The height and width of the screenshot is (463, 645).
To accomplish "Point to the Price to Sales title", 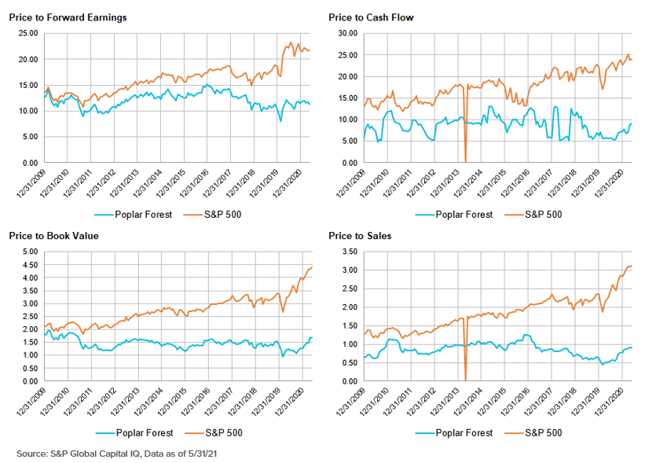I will tap(360, 235).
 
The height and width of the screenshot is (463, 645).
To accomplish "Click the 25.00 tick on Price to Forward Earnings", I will tap(27, 33).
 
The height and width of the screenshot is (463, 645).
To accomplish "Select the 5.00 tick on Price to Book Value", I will tap(29, 252).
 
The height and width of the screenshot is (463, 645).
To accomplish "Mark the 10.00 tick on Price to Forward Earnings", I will tap(27, 111).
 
